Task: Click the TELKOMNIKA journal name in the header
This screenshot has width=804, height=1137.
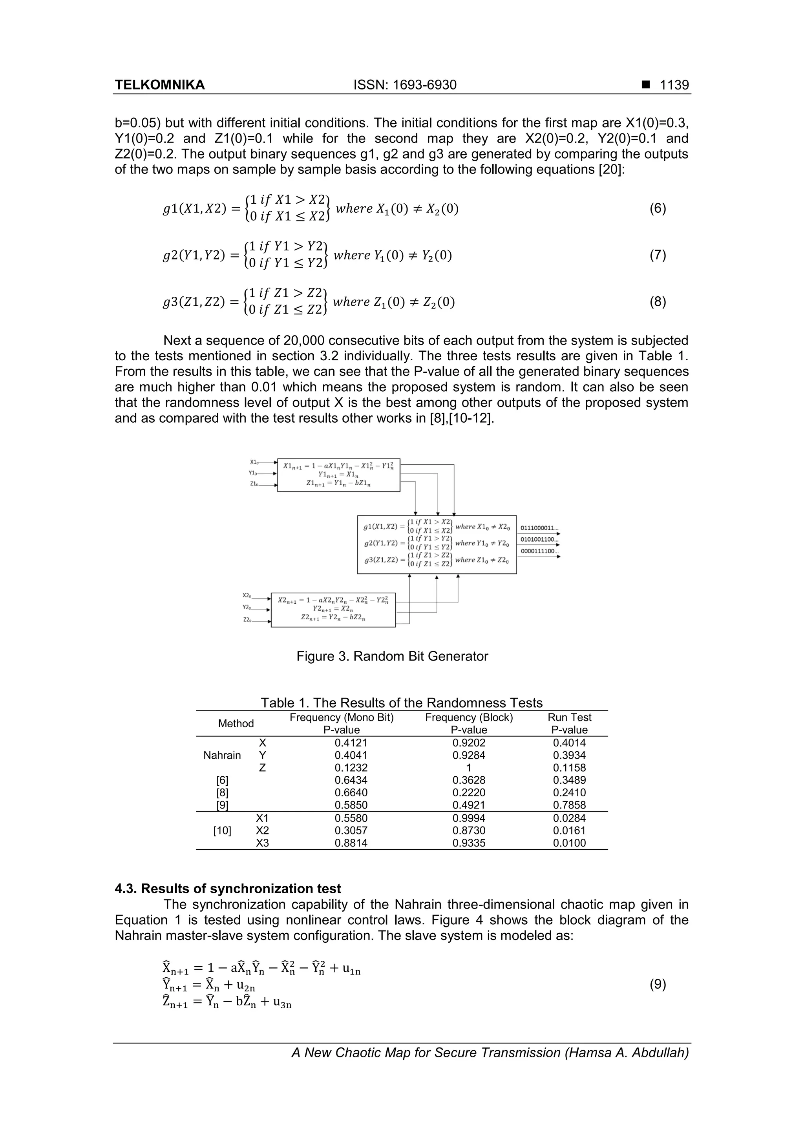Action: click(x=159, y=85)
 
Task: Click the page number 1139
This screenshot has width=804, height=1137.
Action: click(x=674, y=85)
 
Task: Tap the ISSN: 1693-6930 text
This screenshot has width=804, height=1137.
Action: click(x=405, y=85)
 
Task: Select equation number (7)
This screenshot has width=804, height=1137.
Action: click(x=657, y=255)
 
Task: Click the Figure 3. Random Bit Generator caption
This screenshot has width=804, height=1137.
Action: click(x=392, y=656)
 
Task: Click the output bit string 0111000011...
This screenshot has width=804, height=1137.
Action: click(x=539, y=528)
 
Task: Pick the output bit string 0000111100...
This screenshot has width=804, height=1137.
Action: click(x=539, y=551)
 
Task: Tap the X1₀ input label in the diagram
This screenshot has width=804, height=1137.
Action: click(x=254, y=462)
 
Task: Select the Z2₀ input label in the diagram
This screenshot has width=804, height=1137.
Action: click(x=247, y=619)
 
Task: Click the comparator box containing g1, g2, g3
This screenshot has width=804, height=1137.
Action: click(x=437, y=544)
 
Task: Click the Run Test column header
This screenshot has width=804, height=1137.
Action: click(x=569, y=717)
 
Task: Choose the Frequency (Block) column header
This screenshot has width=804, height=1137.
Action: click(x=469, y=717)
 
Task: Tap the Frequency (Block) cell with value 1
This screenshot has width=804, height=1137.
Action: click(x=469, y=768)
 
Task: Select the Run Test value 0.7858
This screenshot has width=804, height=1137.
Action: click(x=569, y=805)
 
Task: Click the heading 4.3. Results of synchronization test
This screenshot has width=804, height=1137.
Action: click(x=228, y=889)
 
